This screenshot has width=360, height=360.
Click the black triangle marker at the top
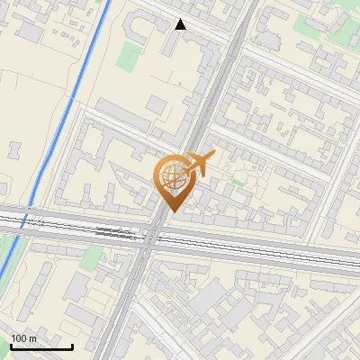181,24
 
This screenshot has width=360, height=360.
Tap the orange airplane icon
201,164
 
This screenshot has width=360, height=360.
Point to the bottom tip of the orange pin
172,211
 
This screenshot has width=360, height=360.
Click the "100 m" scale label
23,338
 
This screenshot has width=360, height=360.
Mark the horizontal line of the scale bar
41,347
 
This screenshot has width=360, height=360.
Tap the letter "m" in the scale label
32,338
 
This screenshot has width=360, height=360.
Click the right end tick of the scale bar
72,345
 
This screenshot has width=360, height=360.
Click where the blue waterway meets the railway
26,220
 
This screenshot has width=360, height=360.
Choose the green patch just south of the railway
91,258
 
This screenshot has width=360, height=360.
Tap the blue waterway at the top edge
107,4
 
